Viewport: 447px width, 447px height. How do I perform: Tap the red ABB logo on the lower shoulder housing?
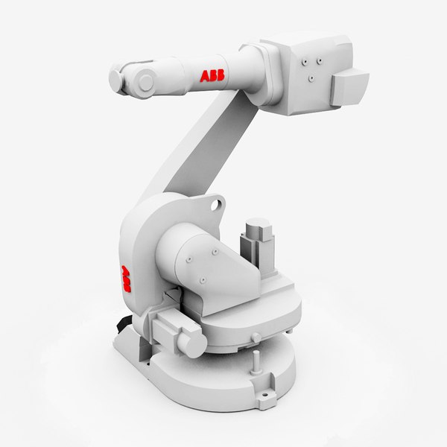pos(124,279)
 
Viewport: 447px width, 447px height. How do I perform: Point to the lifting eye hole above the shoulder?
pos(215,202)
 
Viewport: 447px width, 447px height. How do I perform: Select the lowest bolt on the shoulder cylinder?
pos(202,281)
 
